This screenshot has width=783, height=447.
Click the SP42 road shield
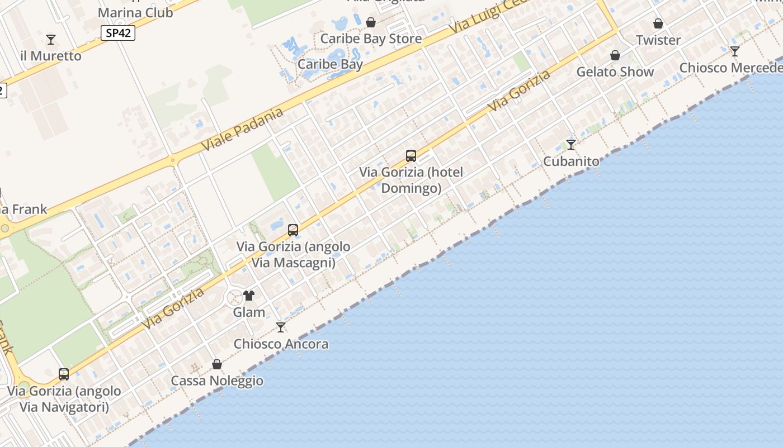119,33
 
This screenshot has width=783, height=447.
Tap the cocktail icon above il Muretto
51,40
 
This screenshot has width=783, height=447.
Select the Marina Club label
135,12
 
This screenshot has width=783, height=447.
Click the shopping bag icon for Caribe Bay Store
370,22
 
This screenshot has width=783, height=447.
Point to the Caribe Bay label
330,64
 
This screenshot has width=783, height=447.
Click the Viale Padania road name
242,129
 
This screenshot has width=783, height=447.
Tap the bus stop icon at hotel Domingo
411,156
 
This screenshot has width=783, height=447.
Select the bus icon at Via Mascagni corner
293,230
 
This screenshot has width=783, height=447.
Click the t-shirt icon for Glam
249,296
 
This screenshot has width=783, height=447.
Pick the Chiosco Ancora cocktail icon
281,327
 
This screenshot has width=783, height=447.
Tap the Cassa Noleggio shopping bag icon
217,365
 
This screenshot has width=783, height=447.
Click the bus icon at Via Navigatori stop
64,374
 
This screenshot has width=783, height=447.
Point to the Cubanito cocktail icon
571,145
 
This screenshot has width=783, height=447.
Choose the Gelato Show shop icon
615,55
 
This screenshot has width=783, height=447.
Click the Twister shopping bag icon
658,24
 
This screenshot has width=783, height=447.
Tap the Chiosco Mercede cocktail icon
735,51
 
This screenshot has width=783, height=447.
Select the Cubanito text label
571,161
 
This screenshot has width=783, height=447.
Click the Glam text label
249,312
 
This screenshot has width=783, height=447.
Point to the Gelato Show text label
615,72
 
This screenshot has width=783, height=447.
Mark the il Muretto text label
51,56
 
